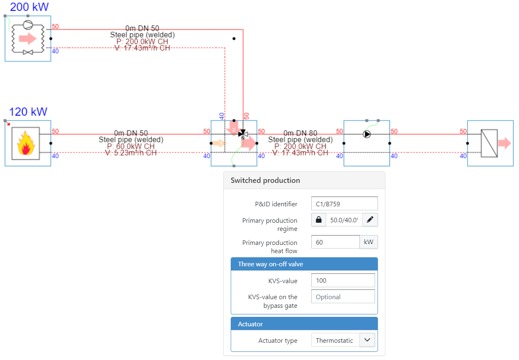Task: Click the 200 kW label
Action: coord(29,7)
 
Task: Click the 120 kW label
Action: coord(28,112)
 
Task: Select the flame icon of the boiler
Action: coord(25,143)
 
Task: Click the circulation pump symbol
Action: coord(366,134)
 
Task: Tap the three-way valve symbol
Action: coord(243,134)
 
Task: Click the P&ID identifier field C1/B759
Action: coord(344,203)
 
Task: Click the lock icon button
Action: coord(319,220)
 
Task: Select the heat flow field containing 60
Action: coord(335,242)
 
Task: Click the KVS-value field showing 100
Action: coord(343,280)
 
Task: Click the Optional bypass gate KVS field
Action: coord(343,297)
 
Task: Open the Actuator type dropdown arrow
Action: coord(367,340)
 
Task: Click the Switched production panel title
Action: coord(265,180)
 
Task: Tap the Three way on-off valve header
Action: coord(271,264)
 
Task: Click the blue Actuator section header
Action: coord(250,324)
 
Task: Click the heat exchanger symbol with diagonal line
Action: coord(489,143)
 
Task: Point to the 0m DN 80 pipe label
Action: coord(300,133)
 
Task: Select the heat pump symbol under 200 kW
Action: coord(28,38)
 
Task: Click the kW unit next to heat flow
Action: coord(368,242)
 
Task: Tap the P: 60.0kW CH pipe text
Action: coord(131,146)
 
